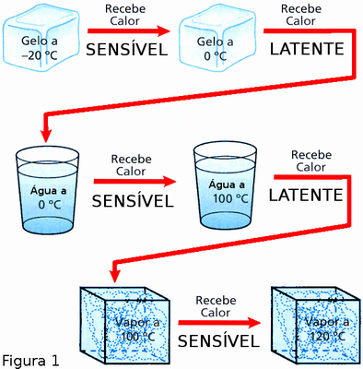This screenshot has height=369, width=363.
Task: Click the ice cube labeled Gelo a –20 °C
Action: coord(41,37)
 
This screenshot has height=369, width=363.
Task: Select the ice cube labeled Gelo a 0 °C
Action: coord(217,39)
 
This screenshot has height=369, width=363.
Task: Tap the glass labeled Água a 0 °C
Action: coord(47,190)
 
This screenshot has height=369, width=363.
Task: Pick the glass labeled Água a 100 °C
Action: coord(225,186)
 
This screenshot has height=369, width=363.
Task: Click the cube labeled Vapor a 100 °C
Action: coord(124,327)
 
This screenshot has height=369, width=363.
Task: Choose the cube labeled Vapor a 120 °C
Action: coord(315,327)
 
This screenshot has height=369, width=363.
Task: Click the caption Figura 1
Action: coord(30,361)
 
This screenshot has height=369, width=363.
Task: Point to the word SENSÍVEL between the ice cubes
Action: coord(127,50)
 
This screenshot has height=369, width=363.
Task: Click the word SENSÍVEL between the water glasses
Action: coord(133,201)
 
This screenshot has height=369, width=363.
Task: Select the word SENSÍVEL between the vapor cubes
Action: coord(219,341)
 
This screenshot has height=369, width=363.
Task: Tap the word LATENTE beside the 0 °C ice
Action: coord(307,49)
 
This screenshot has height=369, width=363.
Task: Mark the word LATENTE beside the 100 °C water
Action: coord(306,195)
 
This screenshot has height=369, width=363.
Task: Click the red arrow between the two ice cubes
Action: coord(129,30)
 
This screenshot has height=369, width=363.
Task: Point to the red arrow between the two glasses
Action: coord(135,182)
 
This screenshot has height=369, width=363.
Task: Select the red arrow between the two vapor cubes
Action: coord(219,323)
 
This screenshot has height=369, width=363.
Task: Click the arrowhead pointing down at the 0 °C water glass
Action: coord(47,136)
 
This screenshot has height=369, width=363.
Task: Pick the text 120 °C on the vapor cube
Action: coord(328,337)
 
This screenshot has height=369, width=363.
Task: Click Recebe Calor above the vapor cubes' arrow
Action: coord(216,306)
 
